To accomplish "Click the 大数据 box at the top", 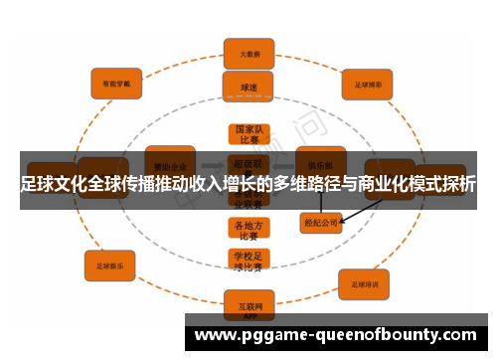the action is coord(248,52).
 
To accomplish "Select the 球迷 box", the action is coord(248,87).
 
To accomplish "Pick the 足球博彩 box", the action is coord(369,85).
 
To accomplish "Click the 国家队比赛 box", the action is coord(248,134).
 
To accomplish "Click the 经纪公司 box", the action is coord(320,223).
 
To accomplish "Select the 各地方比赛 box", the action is coord(248,230).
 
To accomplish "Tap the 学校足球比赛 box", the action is coord(248,262).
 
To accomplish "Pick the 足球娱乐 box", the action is coord(109,266).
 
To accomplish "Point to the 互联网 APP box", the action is coord(248,302).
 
